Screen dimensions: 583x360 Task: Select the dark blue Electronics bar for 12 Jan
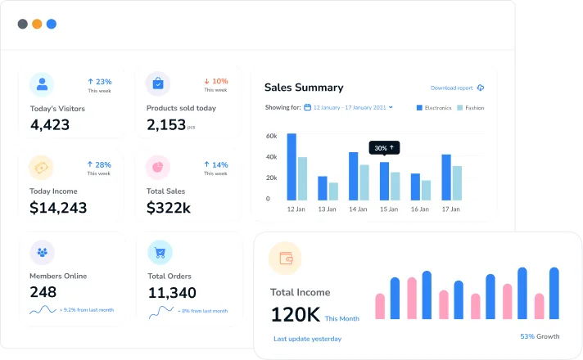pos(291,167)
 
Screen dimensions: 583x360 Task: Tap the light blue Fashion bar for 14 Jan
pos(364,182)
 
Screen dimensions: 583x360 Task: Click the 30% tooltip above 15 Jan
pos(384,148)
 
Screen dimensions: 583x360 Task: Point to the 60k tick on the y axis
pos(271,136)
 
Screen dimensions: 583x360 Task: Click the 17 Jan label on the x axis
pos(450,209)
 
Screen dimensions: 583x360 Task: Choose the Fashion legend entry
pos(470,108)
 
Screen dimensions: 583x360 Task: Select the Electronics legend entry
pos(434,108)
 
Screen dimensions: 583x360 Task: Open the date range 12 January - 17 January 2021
pos(349,107)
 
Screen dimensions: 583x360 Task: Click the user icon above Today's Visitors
pos(42,84)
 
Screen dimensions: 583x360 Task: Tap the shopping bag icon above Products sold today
pos(158,83)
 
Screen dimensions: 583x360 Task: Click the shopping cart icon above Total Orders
pos(160,253)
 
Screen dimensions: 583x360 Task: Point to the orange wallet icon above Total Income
pos(285,259)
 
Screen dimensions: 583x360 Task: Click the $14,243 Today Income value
pos(58,207)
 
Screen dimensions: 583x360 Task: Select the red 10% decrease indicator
pos(216,81)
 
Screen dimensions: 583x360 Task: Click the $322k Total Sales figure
pos(169,207)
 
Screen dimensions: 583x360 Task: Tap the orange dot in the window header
pos(37,24)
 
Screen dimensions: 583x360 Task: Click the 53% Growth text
pos(540,336)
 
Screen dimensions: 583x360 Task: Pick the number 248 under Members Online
pos(43,292)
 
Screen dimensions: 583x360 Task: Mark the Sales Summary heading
pos(304,88)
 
